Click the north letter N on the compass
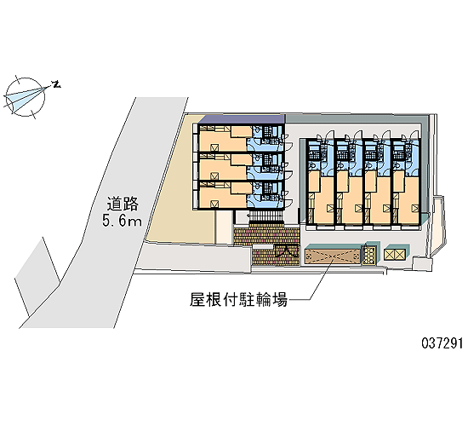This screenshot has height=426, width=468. pos(56,84)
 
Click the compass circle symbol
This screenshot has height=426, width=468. pos(25,97)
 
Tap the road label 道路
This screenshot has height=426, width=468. pos(123,204)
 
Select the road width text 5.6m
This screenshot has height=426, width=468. pos(122,221)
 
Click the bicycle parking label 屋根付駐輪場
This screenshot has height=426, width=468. pos(238,299)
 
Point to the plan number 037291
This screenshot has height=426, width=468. pos(442,343)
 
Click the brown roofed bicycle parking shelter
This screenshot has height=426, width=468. pos(333,255)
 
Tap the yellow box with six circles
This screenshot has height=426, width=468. pos(369,255)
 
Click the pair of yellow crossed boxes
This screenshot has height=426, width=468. pos(394,255)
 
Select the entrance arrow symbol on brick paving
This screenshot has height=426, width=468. pos(286,251)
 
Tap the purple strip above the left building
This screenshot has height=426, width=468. pos(241,119)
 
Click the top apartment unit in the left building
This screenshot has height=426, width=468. pos(241,138)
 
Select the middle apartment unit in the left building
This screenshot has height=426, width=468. pos(241,166)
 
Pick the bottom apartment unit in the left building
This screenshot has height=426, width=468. pos(241,194)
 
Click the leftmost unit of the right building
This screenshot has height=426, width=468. pos(320,181)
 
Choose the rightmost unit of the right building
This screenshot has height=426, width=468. pos(406,181)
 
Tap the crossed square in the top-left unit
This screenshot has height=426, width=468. pos(214,147)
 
